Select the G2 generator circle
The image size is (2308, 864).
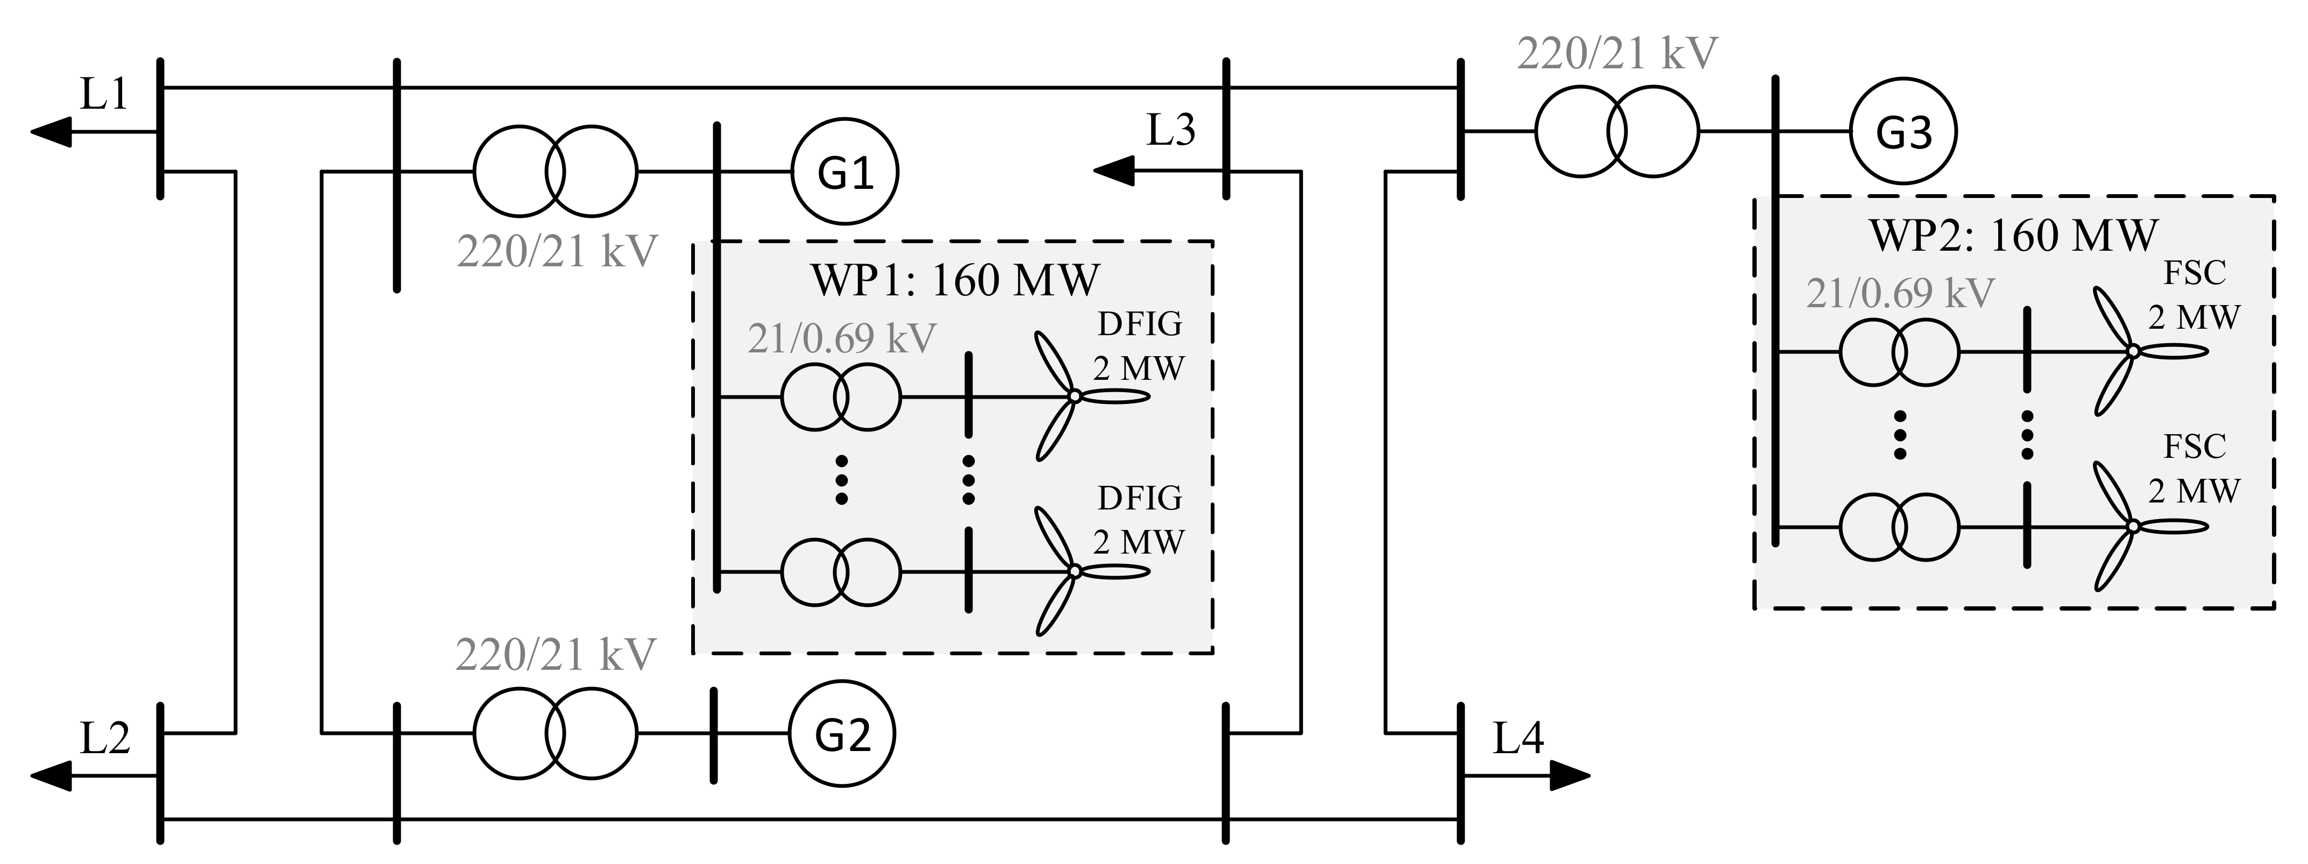842,733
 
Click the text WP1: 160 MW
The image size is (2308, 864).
954,280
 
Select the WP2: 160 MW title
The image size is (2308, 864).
2013,236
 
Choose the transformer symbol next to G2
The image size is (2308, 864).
556,733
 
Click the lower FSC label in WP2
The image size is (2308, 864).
2194,447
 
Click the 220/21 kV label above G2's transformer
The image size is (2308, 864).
556,655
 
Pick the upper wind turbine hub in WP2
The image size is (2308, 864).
2133,351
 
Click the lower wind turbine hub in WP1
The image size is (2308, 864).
1074,571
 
